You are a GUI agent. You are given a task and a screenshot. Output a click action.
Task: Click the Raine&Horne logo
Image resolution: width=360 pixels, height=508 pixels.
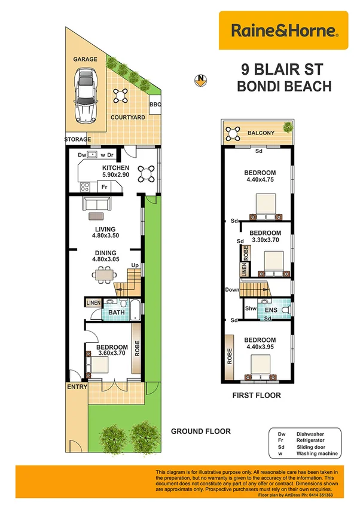click(283, 30)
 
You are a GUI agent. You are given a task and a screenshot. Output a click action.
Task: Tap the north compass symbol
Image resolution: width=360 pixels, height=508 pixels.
click(201, 80)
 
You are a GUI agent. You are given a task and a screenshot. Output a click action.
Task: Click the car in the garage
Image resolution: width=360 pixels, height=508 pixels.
click(86, 96)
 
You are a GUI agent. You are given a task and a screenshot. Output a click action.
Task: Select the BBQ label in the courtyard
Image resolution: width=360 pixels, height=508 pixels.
click(155, 105)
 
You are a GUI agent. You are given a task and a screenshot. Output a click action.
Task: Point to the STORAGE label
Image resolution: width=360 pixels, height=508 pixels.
click(78, 139)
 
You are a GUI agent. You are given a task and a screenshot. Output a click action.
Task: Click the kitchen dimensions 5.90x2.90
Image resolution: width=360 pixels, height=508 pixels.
click(115, 175)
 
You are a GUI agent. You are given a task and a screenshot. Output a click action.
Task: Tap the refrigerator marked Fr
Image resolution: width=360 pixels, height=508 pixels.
click(104, 187)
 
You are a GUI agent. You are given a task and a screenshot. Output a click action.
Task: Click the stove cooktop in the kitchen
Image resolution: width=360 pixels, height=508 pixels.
click(85, 187)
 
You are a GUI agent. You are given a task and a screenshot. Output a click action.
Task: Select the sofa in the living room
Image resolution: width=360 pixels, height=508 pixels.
click(96, 204)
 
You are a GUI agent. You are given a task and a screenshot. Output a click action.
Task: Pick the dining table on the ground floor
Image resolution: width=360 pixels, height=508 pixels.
click(104, 275)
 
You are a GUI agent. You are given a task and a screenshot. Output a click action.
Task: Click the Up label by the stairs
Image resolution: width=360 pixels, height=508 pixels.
click(135, 265)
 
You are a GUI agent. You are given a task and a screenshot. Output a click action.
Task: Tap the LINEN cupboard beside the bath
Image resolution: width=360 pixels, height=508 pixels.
click(93, 302)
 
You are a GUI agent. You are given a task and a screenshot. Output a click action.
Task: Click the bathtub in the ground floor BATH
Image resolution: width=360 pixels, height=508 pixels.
click(135, 310)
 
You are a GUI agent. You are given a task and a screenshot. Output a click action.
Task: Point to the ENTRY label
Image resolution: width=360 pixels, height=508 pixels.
click(77, 387)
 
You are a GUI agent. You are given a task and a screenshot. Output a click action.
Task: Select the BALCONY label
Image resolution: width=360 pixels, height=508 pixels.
click(261, 133)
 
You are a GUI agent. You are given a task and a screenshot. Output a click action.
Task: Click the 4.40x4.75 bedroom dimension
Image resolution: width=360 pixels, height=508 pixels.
click(260, 179)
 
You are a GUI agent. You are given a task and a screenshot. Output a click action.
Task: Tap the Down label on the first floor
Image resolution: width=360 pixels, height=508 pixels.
click(232, 290)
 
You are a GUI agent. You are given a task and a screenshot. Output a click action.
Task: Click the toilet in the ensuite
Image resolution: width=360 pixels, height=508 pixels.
click(286, 310)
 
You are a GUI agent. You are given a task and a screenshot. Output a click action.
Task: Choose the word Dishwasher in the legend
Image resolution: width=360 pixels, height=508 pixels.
click(310, 434)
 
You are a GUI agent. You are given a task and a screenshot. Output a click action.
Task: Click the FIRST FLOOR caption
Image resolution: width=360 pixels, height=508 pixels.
click(257, 395)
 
